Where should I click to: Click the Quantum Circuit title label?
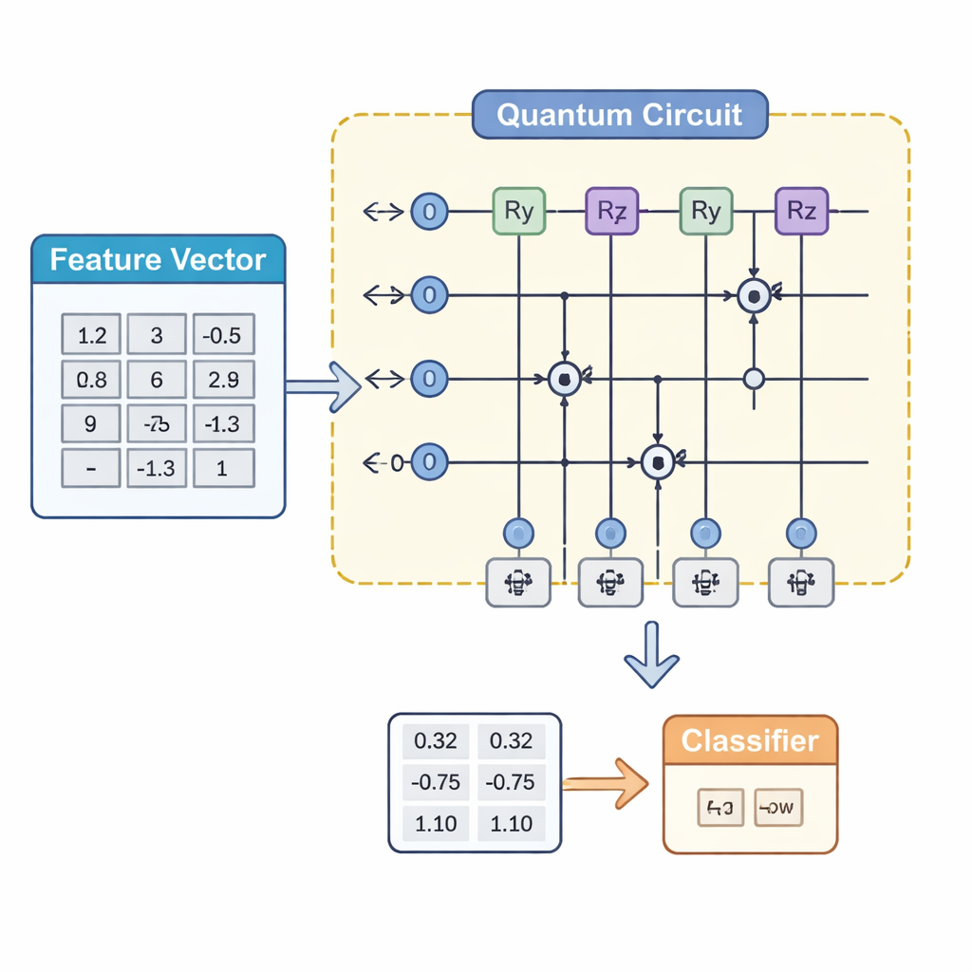pos(619,116)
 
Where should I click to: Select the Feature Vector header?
pos(158,259)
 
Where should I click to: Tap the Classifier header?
pos(750,740)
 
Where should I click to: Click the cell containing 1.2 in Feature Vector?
pos(91,335)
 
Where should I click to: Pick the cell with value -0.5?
pos(223,335)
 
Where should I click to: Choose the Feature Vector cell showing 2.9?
pos(223,380)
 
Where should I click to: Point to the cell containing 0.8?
pos(91,380)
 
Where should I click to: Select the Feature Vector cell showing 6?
pos(157,380)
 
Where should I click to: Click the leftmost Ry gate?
pos(518,211)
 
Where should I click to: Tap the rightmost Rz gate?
pos(802,211)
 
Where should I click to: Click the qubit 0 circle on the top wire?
pos(429,211)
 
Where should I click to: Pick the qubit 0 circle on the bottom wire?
pos(429,462)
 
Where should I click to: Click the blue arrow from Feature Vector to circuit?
pos(323,386)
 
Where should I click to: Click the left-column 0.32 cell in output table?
pos(437,741)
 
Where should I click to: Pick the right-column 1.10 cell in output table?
pos(512,823)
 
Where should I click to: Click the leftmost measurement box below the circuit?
pos(517,581)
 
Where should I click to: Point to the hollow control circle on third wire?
pos(754,379)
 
